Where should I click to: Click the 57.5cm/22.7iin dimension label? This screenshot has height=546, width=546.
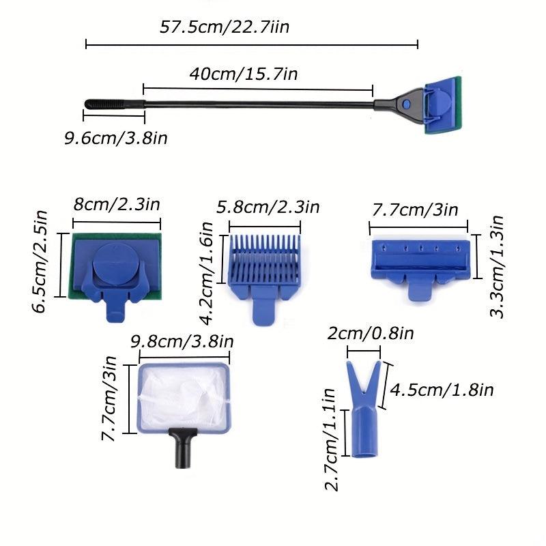point(230,29)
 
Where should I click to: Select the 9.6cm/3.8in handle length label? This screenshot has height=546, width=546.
point(116,139)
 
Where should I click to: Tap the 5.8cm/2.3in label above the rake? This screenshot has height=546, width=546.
point(268,207)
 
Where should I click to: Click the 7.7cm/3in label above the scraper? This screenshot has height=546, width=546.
point(415,210)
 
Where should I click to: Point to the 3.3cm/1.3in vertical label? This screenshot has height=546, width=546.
point(498,266)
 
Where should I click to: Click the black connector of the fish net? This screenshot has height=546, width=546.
point(182,447)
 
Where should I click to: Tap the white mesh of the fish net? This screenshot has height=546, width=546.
point(182,399)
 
